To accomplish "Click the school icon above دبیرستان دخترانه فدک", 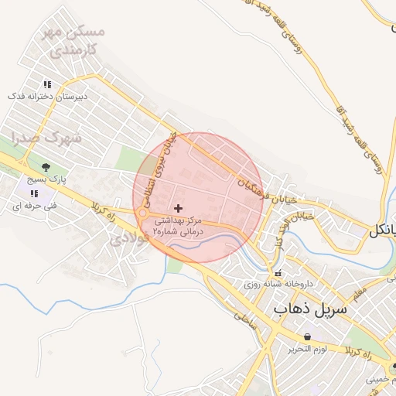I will tap(47, 84).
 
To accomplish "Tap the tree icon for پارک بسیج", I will tap(46, 166).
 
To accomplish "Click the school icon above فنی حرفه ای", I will tap(33, 193).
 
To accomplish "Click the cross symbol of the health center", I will tap(179, 208).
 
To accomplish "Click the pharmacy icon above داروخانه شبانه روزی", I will tap(278, 273).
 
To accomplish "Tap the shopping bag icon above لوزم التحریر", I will tap(309, 336).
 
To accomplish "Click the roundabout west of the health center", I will tap(143, 213).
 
